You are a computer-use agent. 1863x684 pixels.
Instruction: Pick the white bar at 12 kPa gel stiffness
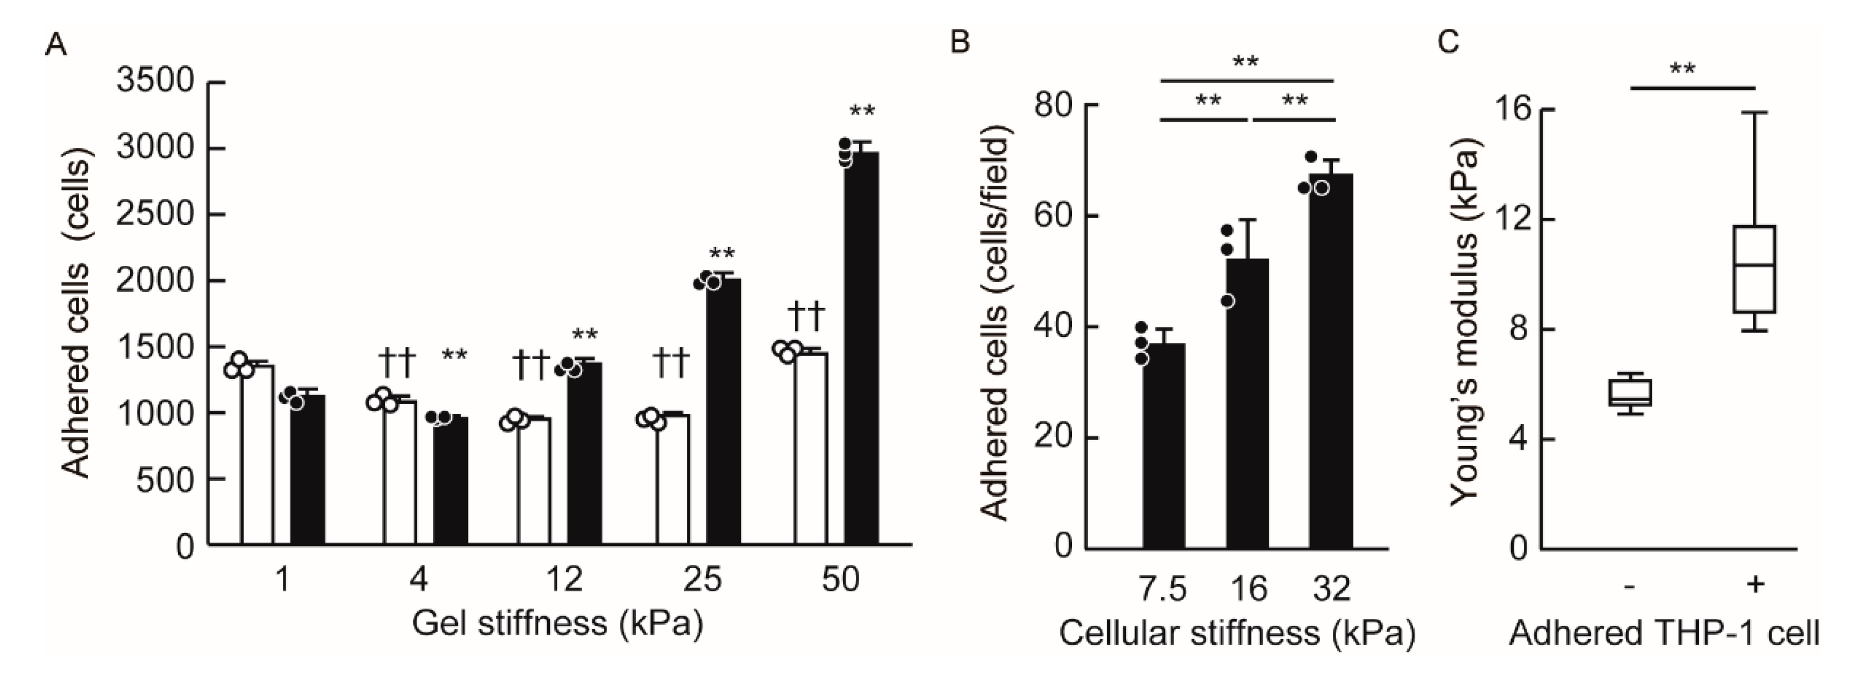tap(534, 481)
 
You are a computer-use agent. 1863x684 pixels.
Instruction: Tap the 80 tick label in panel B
tap(1053, 106)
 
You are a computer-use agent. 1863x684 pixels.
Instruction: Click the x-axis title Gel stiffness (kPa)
tap(557, 623)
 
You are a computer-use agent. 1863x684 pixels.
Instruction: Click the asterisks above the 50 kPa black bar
tap(862, 112)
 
